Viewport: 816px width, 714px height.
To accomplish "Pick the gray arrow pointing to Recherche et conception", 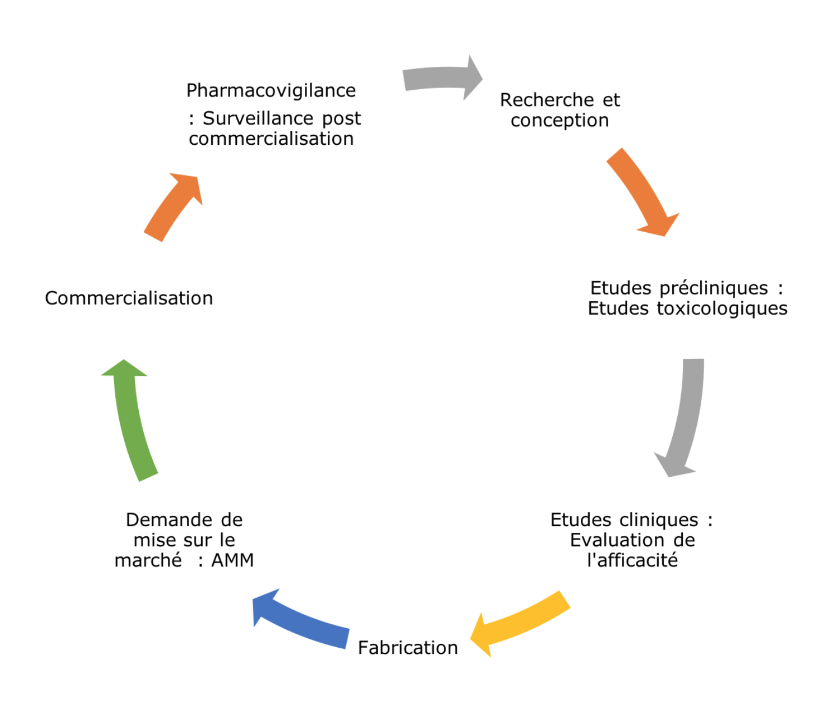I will click(440, 78).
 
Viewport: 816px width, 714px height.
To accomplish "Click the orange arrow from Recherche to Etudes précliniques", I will click(641, 189).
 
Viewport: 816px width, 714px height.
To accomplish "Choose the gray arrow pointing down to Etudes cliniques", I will click(686, 418).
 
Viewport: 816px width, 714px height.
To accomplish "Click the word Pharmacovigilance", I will click(271, 90).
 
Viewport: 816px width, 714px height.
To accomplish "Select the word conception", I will click(560, 120).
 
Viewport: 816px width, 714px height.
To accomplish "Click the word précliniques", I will click(713, 288).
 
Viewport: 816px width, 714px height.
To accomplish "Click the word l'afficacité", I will click(632, 560).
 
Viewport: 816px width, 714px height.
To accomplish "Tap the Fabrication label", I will click(407, 648).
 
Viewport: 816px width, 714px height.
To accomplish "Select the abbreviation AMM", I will click(232, 560).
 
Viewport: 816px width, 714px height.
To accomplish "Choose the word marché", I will click(148, 560).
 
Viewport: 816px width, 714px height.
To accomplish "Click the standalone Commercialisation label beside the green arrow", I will click(129, 299).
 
